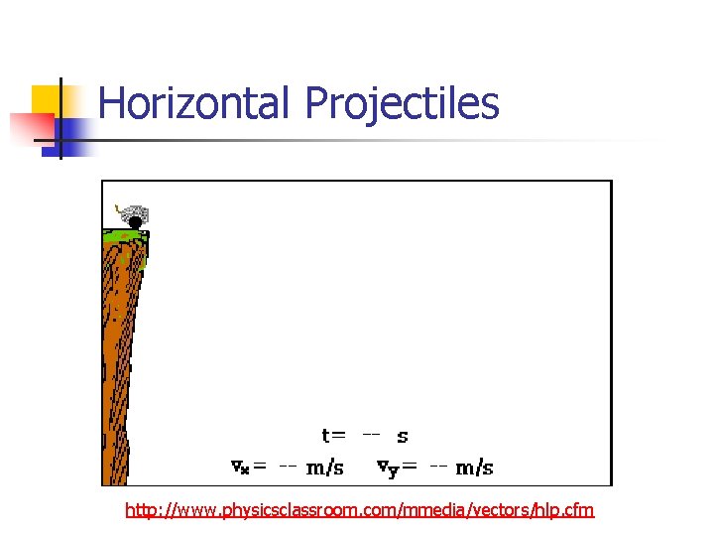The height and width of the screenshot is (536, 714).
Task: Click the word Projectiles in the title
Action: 402,103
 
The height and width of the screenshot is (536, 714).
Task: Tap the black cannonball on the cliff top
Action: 136,222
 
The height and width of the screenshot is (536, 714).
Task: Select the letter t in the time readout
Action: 326,435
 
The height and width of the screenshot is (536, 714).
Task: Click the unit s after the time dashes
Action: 402,436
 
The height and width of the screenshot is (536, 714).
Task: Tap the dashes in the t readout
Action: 370,434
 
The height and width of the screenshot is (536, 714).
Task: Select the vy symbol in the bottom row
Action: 387,468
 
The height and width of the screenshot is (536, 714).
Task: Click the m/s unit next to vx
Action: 324,467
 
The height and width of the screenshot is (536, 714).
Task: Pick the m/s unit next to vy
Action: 474,467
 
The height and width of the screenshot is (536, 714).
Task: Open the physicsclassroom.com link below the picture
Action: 359,510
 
